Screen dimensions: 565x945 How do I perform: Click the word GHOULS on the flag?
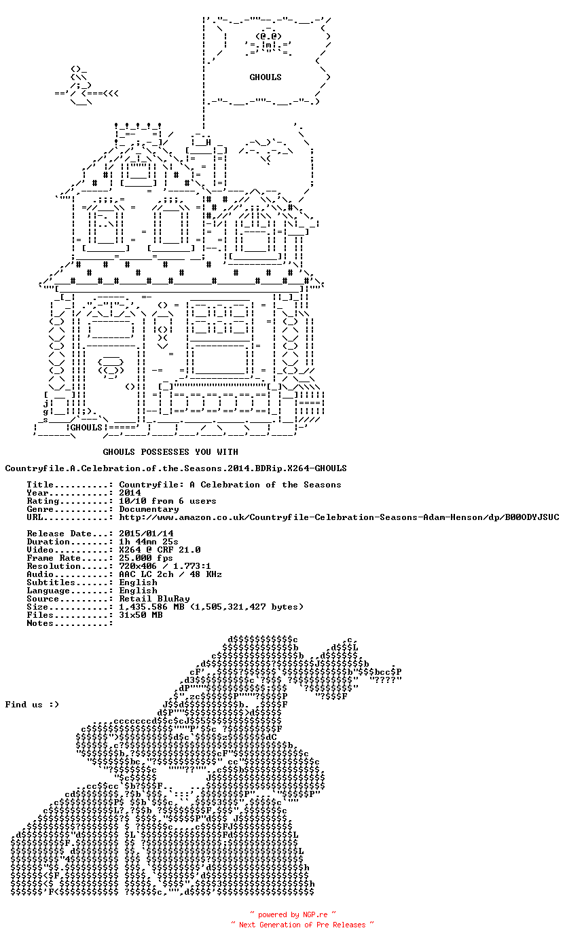(x=266, y=77)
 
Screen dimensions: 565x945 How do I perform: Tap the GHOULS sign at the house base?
(x=86, y=428)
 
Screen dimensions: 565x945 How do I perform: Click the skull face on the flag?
(x=268, y=41)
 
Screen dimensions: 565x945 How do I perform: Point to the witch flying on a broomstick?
(x=86, y=86)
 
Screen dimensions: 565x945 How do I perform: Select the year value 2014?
(x=130, y=493)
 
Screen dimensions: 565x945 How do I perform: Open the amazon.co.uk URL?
(x=339, y=517)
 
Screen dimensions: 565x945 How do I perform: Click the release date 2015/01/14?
(x=146, y=534)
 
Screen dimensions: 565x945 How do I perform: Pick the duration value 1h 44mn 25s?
(x=149, y=542)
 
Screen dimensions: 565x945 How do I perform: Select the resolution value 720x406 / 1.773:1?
(x=164, y=566)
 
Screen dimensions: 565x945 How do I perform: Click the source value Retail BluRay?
(x=154, y=599)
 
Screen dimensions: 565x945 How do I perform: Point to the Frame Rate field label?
(x=54, y=558)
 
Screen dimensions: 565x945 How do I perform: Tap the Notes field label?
(x=40, y=623)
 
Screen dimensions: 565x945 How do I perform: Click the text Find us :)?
(x=32, y=705)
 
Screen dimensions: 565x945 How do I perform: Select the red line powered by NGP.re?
(x=293, y=914)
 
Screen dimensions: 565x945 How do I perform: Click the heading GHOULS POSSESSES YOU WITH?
(x=170, y=452)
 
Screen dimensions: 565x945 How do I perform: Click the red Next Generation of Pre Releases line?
(x=302, y=925)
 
